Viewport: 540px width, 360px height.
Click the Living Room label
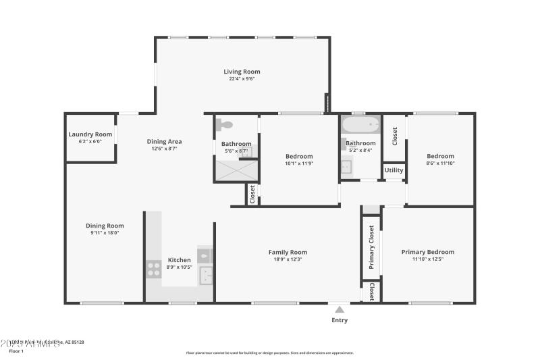242,72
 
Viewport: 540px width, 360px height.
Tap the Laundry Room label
90,134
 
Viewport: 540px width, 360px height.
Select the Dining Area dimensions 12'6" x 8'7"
164,149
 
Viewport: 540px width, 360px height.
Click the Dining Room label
105,226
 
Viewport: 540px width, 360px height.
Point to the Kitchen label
179,260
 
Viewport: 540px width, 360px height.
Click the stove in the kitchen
153,269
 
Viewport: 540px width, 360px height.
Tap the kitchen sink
205,274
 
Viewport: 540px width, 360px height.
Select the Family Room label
288,252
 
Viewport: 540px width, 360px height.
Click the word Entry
340,320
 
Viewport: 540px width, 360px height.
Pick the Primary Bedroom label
427,252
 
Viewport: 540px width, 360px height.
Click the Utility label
394,170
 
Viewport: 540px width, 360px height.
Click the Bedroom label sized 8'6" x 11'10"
440,156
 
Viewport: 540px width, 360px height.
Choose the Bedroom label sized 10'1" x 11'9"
299,156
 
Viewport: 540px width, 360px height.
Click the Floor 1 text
16,351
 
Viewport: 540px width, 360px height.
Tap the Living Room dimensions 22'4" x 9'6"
242,79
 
